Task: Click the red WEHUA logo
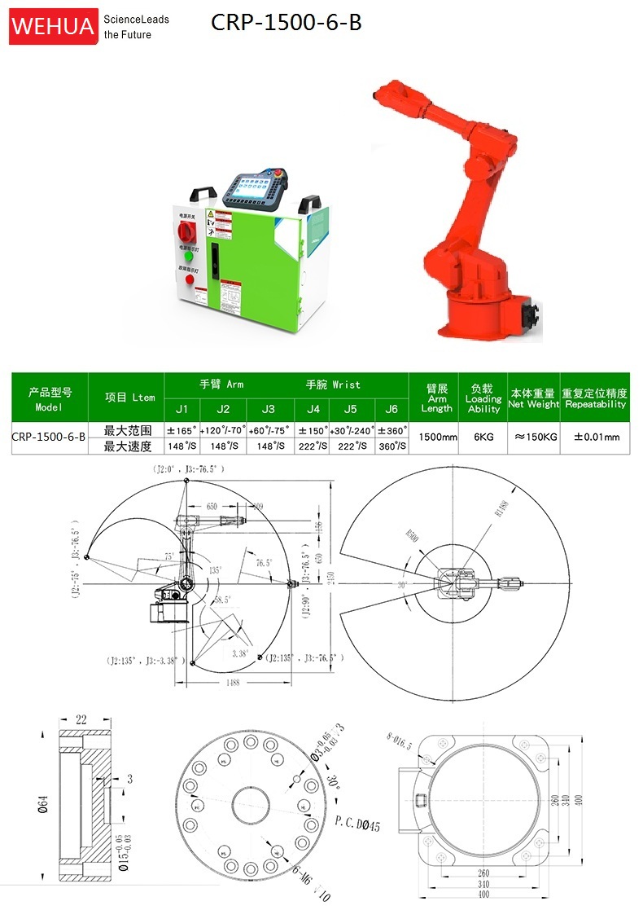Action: (53, 25)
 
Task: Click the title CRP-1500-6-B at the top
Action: (286, 23)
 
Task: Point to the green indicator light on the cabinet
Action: (189, 256)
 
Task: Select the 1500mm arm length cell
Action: (437, 437)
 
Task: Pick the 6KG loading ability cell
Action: (483, 437)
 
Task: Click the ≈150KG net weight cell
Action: (532, 437)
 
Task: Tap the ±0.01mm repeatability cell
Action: (596, 437)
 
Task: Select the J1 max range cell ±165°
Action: (183, 429)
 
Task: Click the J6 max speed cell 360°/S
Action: (392, 446)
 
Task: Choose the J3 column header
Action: (268, 408)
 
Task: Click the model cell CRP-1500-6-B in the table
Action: (49, 437)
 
